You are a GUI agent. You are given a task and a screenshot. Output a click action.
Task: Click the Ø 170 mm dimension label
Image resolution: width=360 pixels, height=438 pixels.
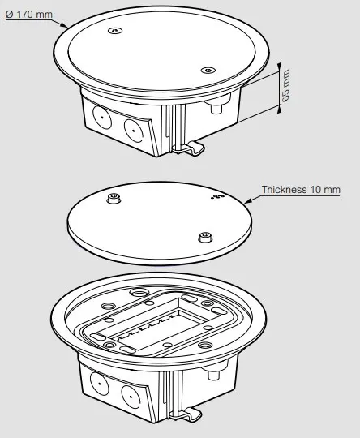[29, 15]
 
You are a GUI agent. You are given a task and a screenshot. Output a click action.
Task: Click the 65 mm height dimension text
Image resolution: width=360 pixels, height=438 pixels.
[285, 85]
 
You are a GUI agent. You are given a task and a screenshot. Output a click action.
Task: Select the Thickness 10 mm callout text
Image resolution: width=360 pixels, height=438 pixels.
[301, 190]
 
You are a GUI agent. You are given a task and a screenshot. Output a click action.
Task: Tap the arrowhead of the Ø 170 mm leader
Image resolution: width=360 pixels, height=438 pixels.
[64, 25]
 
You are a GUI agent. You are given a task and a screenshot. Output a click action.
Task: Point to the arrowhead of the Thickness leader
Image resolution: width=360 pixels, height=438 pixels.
[248, 200]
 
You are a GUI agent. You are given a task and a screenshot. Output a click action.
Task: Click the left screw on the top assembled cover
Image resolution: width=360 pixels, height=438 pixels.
[114, 30]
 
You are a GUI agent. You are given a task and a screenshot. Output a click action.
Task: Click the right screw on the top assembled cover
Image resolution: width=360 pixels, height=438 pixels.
[208, 70]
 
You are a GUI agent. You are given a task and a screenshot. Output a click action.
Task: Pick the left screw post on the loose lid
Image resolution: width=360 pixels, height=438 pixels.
[114, 198]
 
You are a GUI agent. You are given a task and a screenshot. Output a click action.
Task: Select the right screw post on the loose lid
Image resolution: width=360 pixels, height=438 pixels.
[205, 237]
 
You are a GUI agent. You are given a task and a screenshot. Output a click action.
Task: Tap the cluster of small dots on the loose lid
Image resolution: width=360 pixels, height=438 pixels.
[217, 196]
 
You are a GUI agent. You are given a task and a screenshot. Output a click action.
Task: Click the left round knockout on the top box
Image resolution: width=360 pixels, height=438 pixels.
[101, 118]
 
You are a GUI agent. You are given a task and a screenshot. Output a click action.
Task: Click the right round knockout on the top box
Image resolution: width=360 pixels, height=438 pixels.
[133, 130]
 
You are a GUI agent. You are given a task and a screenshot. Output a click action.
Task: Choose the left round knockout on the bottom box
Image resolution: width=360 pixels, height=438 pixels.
[99, 384]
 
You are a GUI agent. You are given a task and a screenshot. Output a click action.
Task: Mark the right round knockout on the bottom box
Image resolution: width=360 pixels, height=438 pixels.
[131, 397]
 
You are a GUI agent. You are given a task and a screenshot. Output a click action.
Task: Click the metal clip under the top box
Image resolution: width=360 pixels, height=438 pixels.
[189, 148]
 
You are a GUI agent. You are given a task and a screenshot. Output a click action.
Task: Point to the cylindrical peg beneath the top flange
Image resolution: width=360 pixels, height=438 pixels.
[216, 106]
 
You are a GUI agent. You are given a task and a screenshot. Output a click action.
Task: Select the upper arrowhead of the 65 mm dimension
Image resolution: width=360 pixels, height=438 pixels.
[279, 67]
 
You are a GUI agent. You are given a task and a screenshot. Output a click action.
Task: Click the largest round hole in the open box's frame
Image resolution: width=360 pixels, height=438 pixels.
[138, 293]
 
